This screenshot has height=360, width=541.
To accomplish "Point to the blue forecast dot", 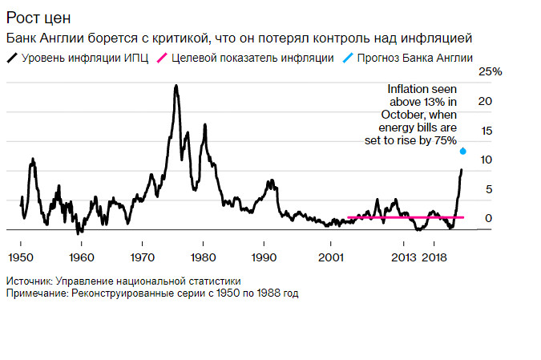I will click(462, 151).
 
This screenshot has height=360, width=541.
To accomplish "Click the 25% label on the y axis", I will click(490, 72).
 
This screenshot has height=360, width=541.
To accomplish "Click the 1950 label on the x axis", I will click(20, 257).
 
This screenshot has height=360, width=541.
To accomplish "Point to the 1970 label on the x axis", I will click(142, 257).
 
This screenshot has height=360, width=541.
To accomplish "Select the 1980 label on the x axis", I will click(203, 257).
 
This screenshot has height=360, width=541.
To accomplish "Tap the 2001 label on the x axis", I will click(330, 257).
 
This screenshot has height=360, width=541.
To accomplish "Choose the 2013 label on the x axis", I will click(404, 257).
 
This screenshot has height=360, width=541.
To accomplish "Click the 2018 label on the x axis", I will click(434, 257).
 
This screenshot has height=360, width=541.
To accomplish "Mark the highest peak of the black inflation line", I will click(176, 86).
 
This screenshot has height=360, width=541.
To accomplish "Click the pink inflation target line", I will click(401, 217).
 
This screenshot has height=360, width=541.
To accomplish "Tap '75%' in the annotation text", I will click(445, 140).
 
